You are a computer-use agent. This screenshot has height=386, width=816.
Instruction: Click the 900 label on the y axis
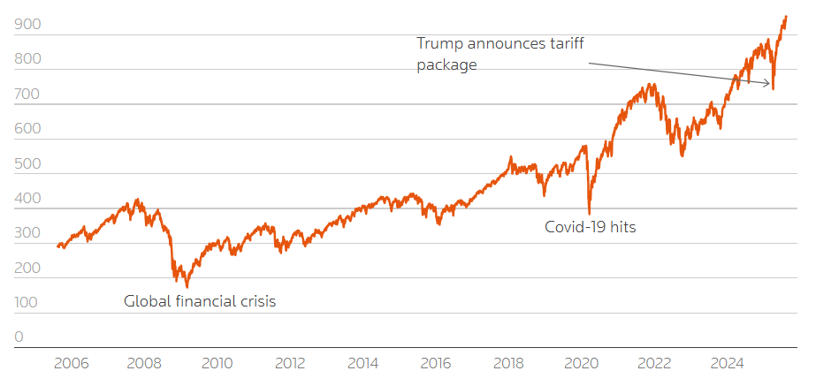click(26, 26)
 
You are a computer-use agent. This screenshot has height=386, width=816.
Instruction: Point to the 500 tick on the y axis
click(26, 165)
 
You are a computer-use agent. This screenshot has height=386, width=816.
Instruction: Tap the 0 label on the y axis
click(19, 337)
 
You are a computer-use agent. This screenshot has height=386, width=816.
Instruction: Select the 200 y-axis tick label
click(26, 268)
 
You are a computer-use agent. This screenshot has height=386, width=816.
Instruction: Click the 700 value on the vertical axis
click(26, 96)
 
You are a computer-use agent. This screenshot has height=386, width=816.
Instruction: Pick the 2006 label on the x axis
click(72, 363)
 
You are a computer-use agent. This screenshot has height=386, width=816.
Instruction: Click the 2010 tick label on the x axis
click(217, 363)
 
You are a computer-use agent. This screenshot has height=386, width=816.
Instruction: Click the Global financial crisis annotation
click(200, 301)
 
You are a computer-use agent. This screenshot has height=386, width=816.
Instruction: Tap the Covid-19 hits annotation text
click(590, 227)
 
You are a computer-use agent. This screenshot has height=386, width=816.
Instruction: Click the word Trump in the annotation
click(439, 42)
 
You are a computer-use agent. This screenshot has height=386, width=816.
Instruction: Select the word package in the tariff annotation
click(446, 64)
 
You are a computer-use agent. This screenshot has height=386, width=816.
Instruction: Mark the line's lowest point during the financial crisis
click(187, 287)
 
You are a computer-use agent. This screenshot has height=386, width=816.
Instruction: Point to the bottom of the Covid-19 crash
click(589, 214)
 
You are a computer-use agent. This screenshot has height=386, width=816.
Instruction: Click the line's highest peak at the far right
click(786, 16)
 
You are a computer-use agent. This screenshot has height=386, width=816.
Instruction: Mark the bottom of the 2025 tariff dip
click(774, 89)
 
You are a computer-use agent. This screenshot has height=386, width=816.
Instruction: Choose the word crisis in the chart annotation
click(255, 301)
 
